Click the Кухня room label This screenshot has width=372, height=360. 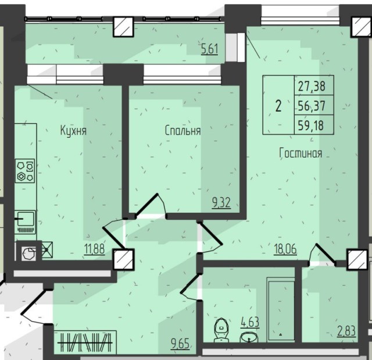pyautogui.click(x=73, y=131)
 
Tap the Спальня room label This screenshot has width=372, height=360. pyautogui.click(x=183, y=131)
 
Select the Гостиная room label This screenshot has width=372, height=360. pyautogui.click(x=301, y=153)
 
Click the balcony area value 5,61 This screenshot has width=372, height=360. pyautogui.click(x=209, y=49)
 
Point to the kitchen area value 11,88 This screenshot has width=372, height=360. pyautogui.click(x=94, y=249)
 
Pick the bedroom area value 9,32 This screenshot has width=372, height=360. pyautogui.click(x=221, y=204)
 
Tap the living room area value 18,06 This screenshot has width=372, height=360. pyautogui.click(x=285, y=249)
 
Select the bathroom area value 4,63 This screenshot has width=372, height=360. pyautogui.click(x=250, y=323)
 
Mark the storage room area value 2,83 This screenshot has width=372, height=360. pyautogui.click(x=346, y=332)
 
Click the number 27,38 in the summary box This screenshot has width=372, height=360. pyautogui.click(x=312, y=86)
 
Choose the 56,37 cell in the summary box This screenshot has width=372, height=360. pyautogui.click(x=312, y=106)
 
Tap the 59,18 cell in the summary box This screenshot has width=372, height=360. pyautogui.click(x=311, y=125)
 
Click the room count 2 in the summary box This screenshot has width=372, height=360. pyautogui.click(x=278, y=106)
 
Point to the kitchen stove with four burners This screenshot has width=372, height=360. pyautogui.click(x=25, y=171)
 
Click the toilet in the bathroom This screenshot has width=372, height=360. pyautogui.click(x=221, y=330)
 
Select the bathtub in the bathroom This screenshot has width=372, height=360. pyautogui.click(x=281, y=309)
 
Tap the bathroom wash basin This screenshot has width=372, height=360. pyautogui.click(x=249, y=337)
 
